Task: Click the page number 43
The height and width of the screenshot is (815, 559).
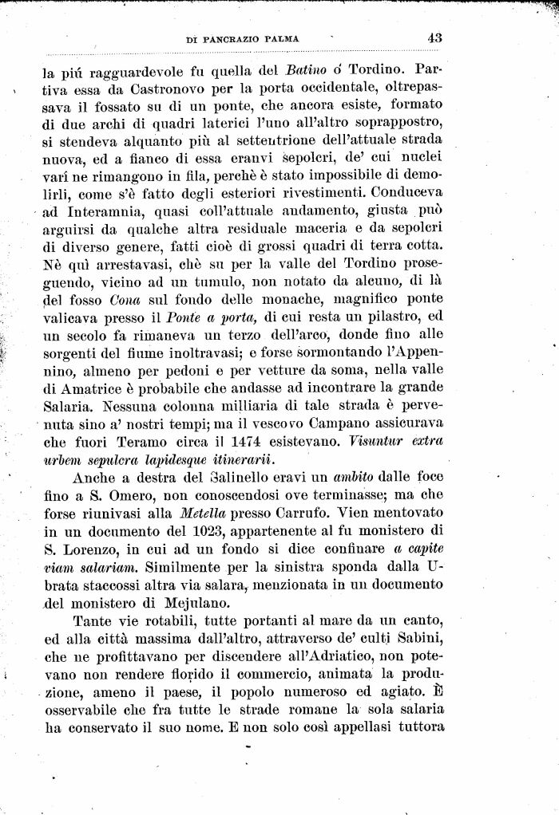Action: tap(434, 37)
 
